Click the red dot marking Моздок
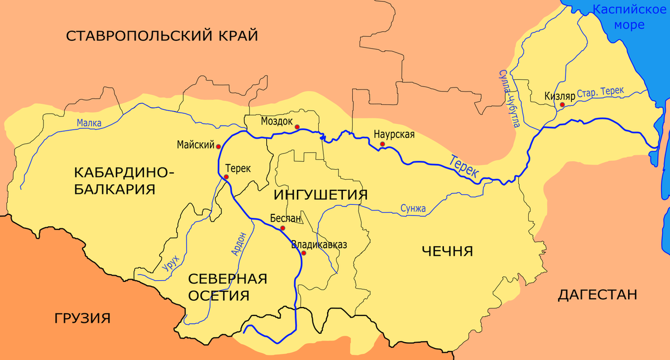(x=297, y=127)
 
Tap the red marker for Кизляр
(x=562, y=104)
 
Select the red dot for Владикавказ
(x=304, y=253)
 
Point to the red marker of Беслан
(x=283, y=228)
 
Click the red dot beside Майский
(x=218, y=146)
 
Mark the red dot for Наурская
(x=382, y=145)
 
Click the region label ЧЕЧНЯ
(x=447, y=251)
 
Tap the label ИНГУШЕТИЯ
(x=320, y=194)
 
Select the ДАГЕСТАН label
(x=597, y=295)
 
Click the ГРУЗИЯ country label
(x=83, y=319)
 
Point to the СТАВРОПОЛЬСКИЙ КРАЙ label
(x=162, y=37)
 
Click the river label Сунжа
(x=413, y=209)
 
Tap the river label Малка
(x=89, y=123)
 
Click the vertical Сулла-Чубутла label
(x=509, y=98)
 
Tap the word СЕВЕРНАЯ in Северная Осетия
(x=228, y=279)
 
